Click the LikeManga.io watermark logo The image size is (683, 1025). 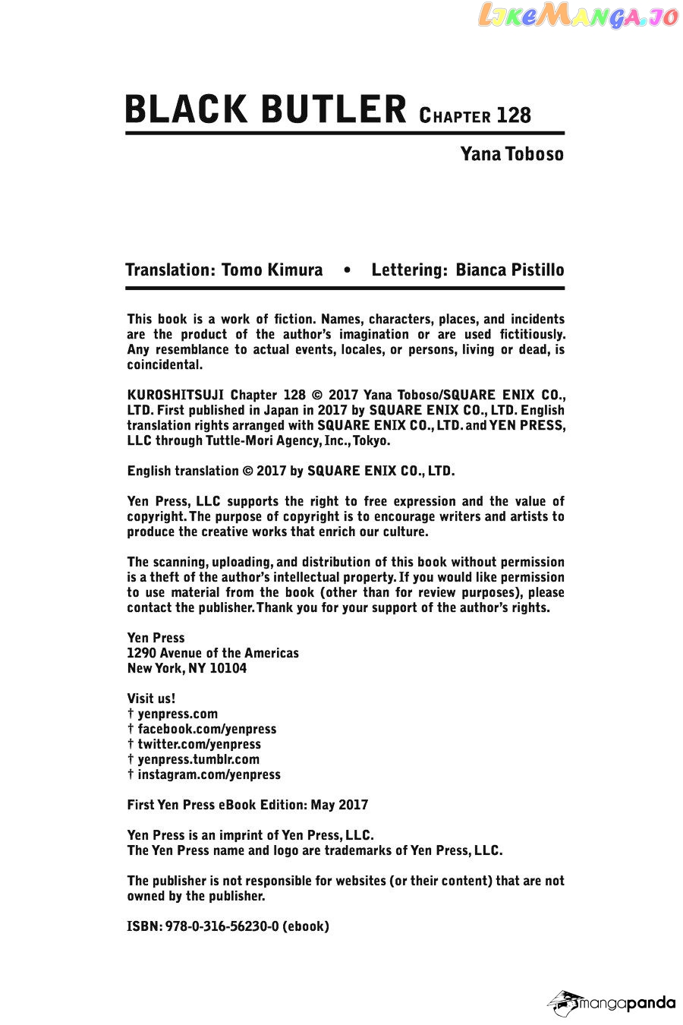tap(578, 16)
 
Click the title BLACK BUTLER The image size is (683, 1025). tap(266, 109)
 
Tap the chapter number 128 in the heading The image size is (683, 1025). tap(514, 115)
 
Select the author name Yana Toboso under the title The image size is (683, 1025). tap(511, 154)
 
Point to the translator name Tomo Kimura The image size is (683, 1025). tap(272, 270)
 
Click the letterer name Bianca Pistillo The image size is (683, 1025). tap(509, 270)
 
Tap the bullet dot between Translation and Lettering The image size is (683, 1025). tap(347, 270)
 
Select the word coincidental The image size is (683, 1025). tap(165, 364)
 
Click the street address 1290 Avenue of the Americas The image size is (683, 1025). tap(212, 653)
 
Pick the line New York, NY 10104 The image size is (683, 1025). tap(187, 668)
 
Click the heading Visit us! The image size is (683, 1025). tap(151, 699)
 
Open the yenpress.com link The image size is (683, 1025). tap(178, 714)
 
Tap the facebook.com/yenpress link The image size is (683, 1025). tap(206, 729)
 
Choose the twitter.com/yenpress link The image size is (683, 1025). tap(199, 744)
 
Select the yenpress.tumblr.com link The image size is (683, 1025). tap(198, 759)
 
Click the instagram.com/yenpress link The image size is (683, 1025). tap(209, 774)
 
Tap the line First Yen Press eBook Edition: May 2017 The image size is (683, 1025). tap(247, 805)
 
